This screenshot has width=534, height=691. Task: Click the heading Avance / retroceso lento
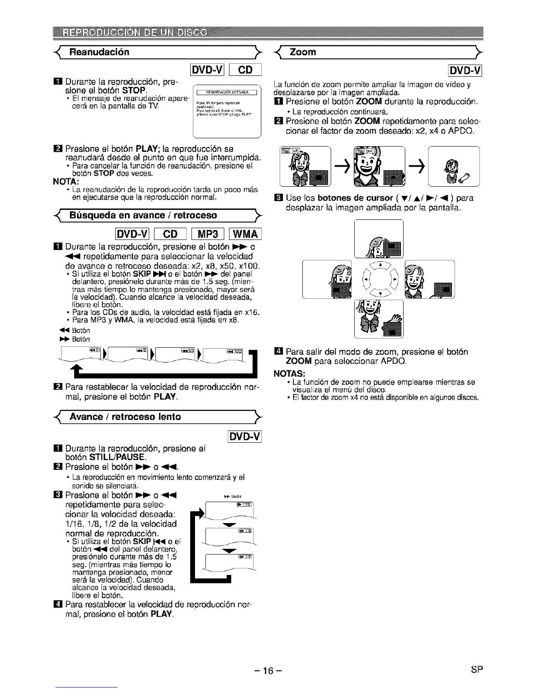click(x=125, y=417)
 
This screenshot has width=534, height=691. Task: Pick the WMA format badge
click(x=246, y=234)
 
